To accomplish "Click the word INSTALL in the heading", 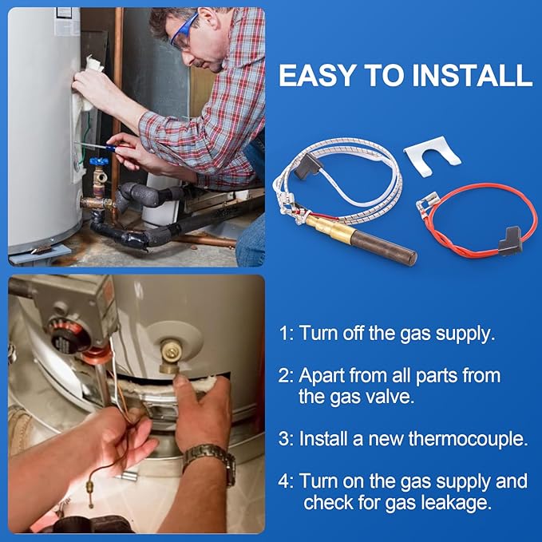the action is pyautogui.click(x=473, y=75).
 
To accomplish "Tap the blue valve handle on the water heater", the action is pyautogui.click(x=99, y=161).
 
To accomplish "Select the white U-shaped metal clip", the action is pyautogui.click(x=433, y=156).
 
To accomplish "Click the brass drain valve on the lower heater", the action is pyautogui.click(x=172, y=356).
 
